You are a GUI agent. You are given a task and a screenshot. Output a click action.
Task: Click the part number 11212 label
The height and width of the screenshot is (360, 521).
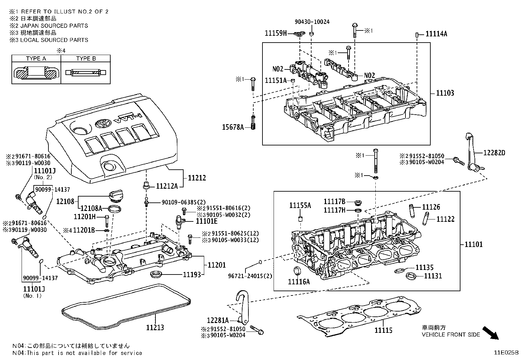tap(197, 178)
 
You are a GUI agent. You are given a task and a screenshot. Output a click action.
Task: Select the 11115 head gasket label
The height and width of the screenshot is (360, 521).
tap(383, 331)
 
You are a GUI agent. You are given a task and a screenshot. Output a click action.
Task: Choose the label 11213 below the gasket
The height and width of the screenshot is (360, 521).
tap(155, 327)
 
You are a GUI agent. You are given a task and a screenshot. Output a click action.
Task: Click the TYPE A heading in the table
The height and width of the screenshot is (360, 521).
tap(36, 59)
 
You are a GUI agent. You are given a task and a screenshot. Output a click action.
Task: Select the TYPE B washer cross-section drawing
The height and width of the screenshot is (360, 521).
tap(86, 72)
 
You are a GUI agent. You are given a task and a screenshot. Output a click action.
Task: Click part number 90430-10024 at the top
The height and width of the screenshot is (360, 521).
tap(312, 22)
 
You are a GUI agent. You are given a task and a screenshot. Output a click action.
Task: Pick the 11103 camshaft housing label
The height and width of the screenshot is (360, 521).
tap(445, 93)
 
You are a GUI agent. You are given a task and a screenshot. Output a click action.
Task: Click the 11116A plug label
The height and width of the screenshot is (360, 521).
tap(299, 281)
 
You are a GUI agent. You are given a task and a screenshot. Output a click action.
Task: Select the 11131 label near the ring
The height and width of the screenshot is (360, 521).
tap(433, 276)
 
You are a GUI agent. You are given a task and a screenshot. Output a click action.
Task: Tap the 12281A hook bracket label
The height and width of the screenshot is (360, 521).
tap(218, 320)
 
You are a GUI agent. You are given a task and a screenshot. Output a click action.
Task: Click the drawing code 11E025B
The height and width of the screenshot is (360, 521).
tap(506, 353)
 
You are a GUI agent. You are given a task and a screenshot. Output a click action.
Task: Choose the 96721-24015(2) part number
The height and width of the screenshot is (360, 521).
tap(250, 276)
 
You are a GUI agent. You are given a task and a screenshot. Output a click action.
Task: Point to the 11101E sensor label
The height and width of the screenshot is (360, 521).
tap(207, 221)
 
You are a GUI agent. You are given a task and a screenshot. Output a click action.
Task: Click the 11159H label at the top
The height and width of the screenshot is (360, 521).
tap(276, 33)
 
